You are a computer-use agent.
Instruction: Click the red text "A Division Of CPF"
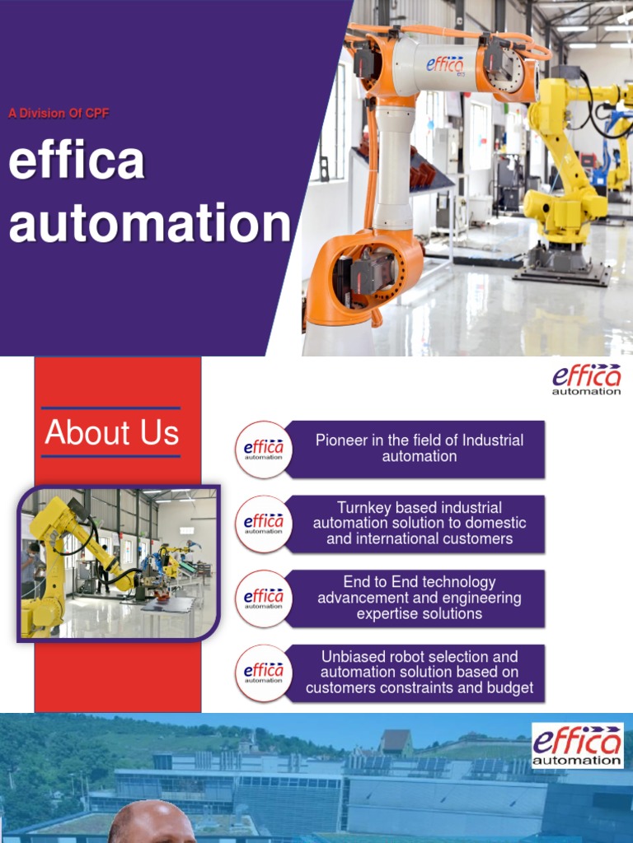click(59, 114)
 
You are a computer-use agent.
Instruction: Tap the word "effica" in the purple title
click(77, 162)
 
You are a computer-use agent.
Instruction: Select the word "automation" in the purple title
click(150, 223)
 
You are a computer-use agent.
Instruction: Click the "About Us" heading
click(111, 433)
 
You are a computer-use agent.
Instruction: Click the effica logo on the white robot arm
click(445, 64)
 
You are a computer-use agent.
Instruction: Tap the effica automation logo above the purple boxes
click(587, 380)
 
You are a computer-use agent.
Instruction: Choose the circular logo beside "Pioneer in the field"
click(264, 449)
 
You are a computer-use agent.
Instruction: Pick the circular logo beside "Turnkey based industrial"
click(264, 524)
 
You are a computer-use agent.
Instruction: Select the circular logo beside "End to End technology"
click(264, 598)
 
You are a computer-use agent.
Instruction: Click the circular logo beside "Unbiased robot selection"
click(264, 673)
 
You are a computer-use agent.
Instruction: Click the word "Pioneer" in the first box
click(341, 440)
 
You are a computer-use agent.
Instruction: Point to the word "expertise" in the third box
click(387, 614)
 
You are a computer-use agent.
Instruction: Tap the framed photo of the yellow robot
click(118, 563)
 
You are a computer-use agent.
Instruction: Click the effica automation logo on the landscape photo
click(577, 745)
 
